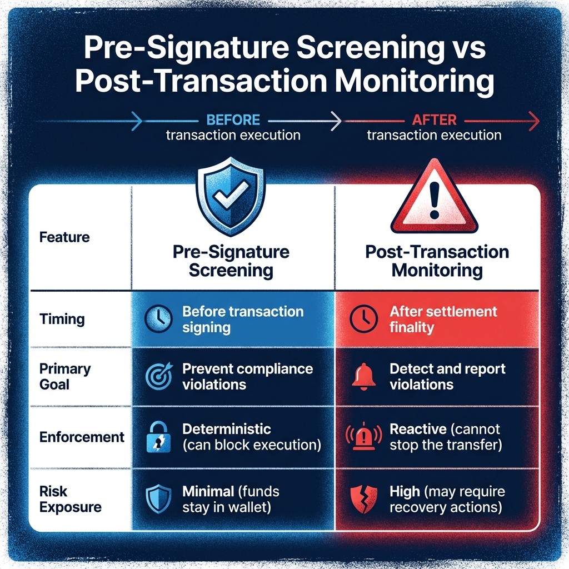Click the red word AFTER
[x=435, y=119]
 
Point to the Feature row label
[x=64, y=237]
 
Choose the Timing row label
[x=62, y=320]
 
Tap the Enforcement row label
[x=82, y=437]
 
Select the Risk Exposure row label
[x=70, y=499]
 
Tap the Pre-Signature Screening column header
[x=231, y=261]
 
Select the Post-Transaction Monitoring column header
[x=437, y=261]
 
